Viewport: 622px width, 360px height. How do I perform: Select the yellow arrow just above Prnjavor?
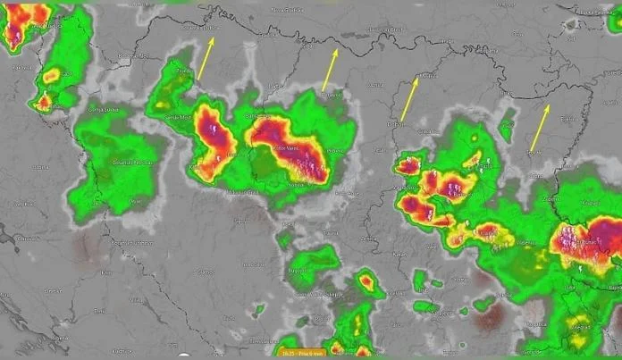click(x=330, y=70)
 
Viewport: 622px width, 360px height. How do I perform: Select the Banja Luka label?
click(x=257, y=117)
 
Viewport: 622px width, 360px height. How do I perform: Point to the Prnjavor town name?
click(x=332, y=95)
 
